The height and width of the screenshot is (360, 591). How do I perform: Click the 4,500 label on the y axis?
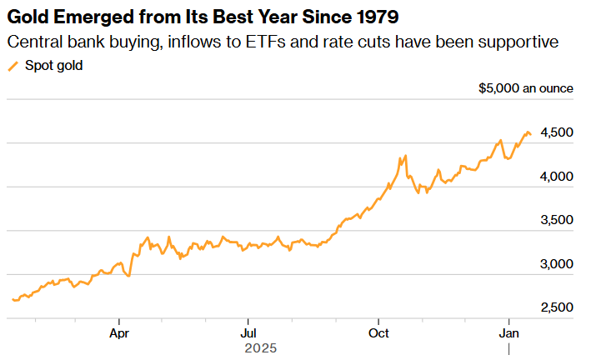(557, 132)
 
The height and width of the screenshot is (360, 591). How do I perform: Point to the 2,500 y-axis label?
(557, 307)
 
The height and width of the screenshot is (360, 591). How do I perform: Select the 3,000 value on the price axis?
(557, 264)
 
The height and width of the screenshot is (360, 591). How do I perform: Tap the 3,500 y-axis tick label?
(557, 220)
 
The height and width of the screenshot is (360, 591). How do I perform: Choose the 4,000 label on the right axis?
(557, 177)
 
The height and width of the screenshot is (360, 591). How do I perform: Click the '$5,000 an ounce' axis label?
(526, 87)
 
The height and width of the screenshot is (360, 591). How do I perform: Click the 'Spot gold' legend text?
(53, 65)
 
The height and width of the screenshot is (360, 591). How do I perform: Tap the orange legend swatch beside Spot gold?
(13, 66)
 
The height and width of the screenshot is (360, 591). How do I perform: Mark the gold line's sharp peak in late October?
(405, 156)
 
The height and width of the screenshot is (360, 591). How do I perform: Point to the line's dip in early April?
(128, 276)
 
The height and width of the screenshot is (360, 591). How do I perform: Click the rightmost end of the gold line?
(531, 134)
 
